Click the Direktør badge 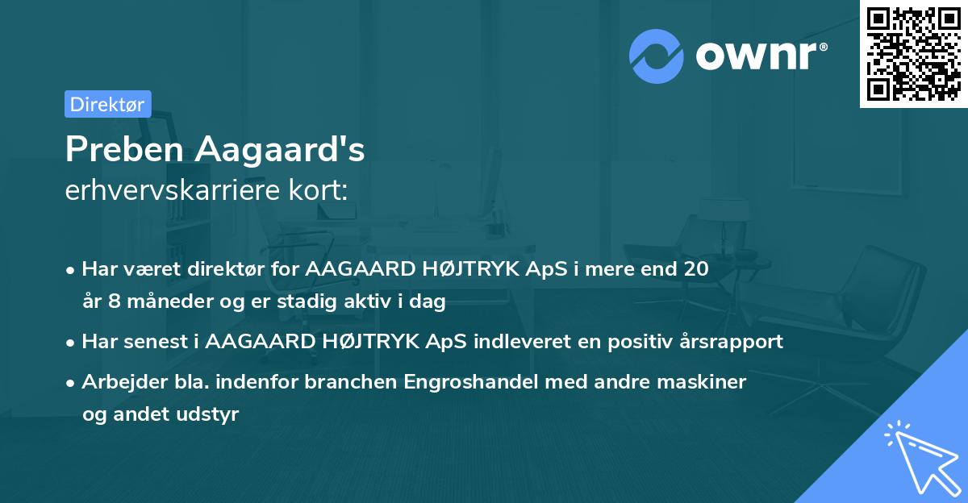(107, 104)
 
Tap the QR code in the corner (913, 54)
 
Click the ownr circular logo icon (656, 56)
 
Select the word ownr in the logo (759, 56)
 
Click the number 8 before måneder (111, 302)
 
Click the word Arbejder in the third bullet (118, 381)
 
